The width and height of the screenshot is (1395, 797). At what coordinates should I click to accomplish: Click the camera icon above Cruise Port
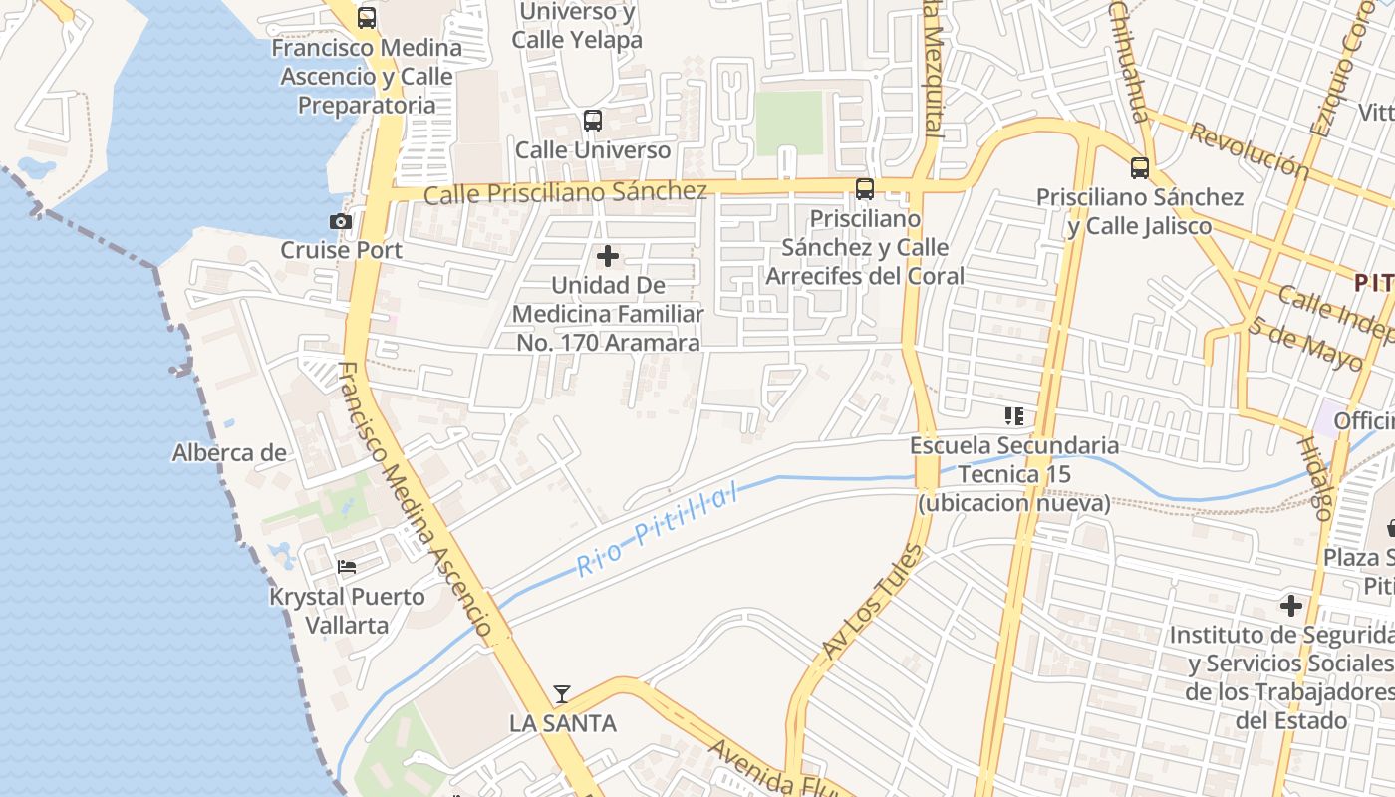pyautogui.click(x=341, y=221)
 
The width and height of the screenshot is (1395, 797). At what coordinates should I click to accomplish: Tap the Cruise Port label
pyautogui.click(x=341, y=250)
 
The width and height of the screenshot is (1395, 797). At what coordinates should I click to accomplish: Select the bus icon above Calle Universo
pyautogui.click(x=593, y=121)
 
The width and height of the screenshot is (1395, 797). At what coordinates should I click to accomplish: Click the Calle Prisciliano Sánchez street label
pyautogui.click(x=565, y=192)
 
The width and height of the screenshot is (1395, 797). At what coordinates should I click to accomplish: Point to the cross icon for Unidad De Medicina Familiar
pyautogui.click(x=607, y=257)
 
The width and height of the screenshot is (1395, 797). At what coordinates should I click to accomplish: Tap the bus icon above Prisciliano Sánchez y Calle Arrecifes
pyautogui.click(x=865, y=188)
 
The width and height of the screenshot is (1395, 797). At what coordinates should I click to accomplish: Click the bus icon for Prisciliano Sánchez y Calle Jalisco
pyautogui.click(x=1140, y=168)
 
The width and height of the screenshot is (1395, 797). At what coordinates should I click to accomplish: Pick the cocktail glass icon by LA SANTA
pyautogui.click(x=562, y=694)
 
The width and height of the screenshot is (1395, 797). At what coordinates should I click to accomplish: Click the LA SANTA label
pyautogui.click(x=563, y=723)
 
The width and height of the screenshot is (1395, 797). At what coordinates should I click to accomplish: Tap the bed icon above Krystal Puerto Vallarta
pyautogui.click(x=347, y=567)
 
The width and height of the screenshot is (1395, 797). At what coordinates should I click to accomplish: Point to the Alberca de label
pyautogui.click(x=229, y=453)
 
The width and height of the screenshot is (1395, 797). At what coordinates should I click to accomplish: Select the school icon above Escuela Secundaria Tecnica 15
pyautogui.click(x=1014, y=416)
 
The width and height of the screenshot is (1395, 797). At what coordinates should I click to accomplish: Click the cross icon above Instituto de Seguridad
pyautogui.click(x=1291, y=606)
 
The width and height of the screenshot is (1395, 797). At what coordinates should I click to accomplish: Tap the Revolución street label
pyautogui.click(x=1250, y=150)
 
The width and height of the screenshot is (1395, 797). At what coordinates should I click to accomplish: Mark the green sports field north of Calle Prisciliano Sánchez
pyautogui.click(x=789, y=124)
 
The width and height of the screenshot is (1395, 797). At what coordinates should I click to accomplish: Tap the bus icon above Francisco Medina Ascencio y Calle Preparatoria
pyautogui.click(x=367, y=17)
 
